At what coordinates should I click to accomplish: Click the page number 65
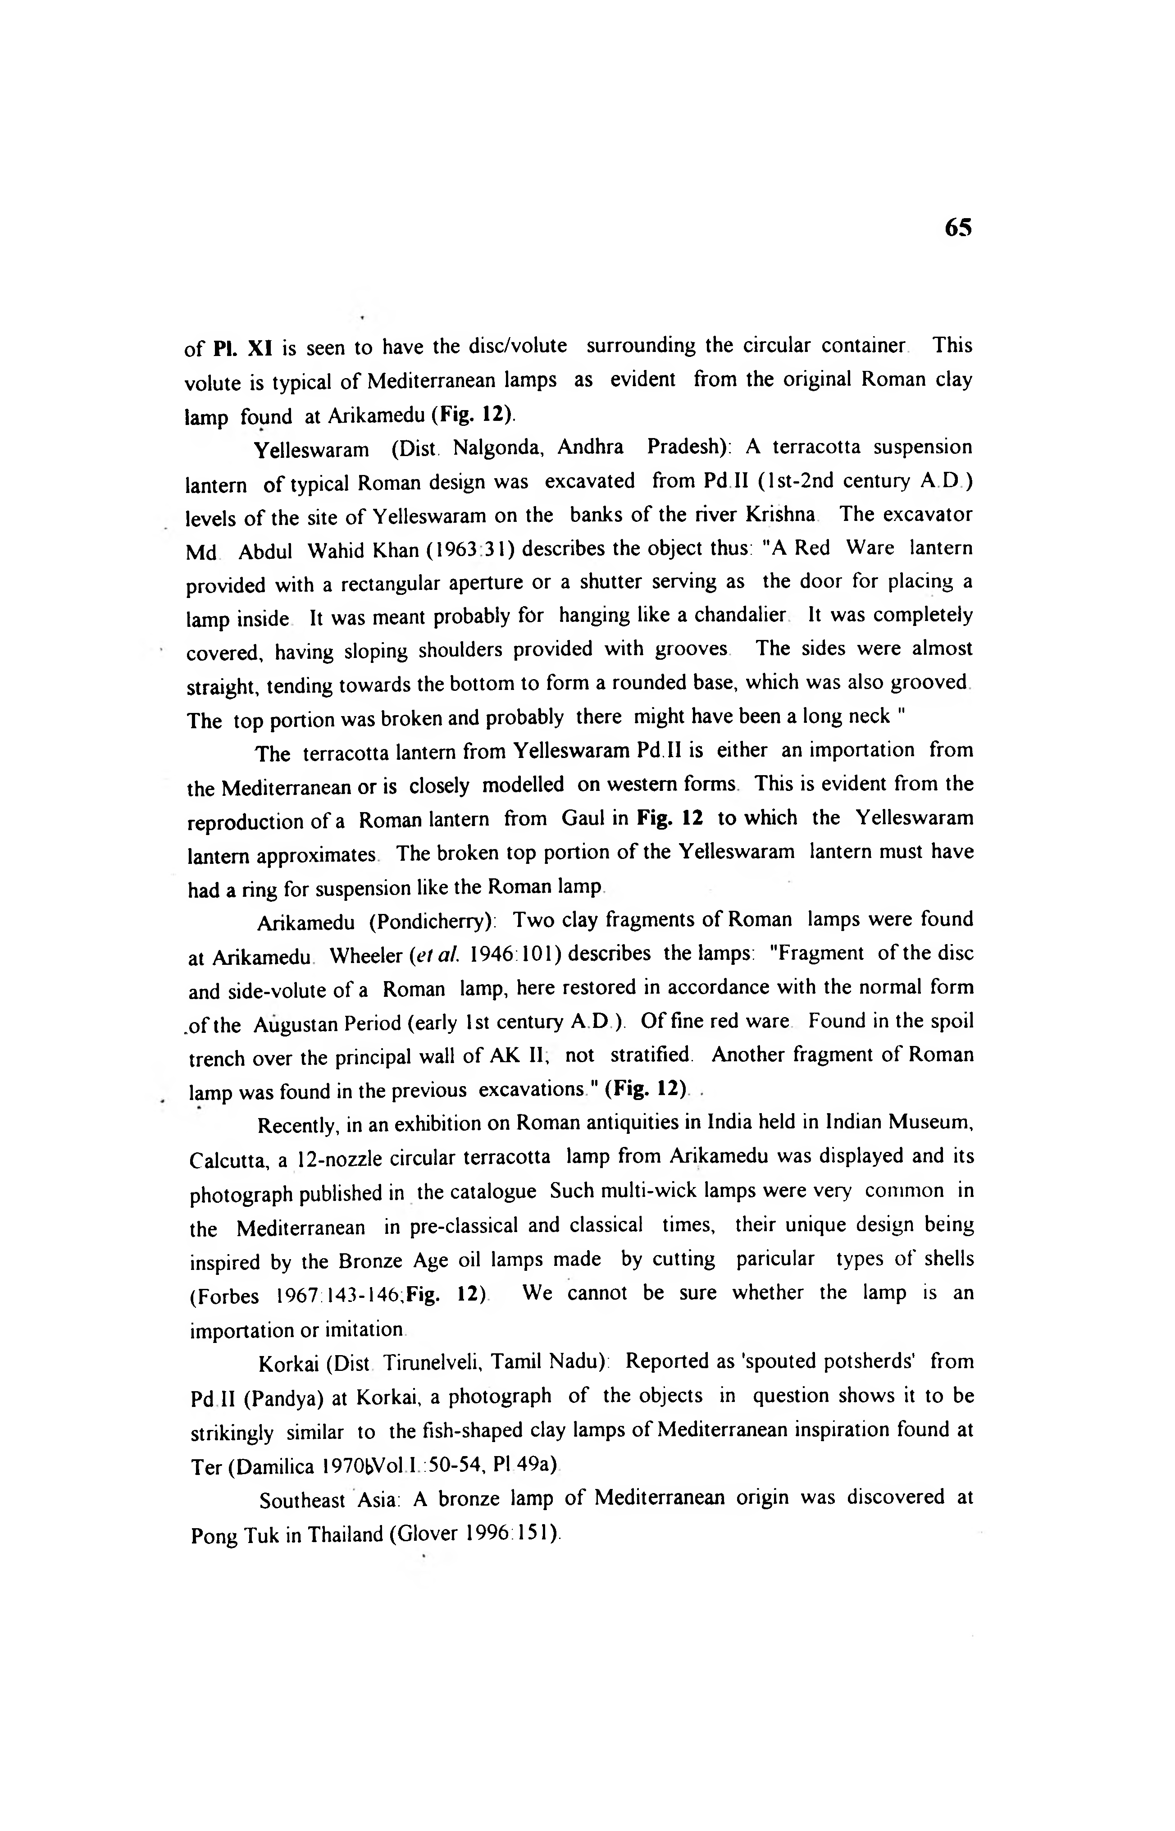[x=957, y=228]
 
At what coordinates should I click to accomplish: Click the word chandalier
[x=738, y=615]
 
